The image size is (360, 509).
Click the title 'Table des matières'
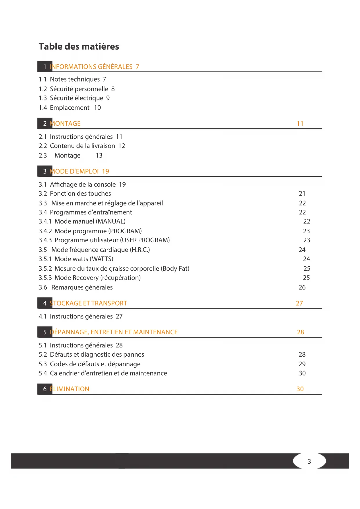click(79, 46)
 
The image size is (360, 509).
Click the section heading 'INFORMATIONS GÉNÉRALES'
click(91, 67)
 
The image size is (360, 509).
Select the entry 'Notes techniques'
click(75, 79)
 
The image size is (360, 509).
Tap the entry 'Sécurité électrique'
click(76, 98)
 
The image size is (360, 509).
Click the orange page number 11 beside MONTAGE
click(300, 124)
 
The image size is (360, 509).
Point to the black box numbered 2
click(45, 124)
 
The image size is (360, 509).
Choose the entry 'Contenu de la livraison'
click(82, 146)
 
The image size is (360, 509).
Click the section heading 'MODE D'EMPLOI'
click(74, 172)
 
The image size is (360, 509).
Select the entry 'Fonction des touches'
click(80, 194)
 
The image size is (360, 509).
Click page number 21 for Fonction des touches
click(302, 194)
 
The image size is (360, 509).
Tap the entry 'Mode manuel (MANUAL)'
click(90, 221)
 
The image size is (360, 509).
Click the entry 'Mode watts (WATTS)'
click(84, 259)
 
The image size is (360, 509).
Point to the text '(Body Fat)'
click(175, 269)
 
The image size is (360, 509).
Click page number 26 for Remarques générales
click(302, 287)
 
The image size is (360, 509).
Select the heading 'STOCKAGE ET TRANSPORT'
click(88, 303)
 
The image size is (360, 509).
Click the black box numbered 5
click(45, 332)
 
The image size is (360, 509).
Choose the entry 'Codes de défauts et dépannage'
click(95, 364)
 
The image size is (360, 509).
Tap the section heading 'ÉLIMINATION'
click(70, 389)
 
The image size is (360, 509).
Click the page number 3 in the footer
click(309, 461)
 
